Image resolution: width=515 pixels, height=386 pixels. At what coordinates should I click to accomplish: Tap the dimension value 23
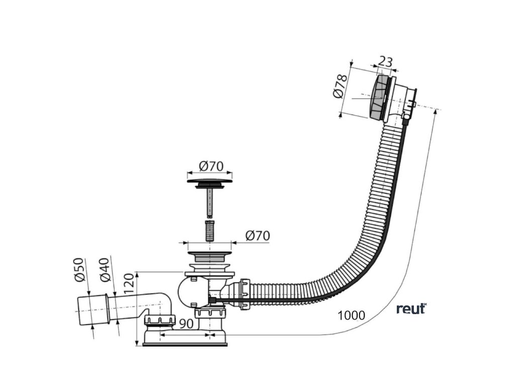[385, 62]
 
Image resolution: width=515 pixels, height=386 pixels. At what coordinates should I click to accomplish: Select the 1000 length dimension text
[352, 315]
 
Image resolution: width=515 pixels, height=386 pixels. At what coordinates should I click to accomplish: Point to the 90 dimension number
[186, 325]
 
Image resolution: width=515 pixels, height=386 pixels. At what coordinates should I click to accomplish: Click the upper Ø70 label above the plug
[211, 165]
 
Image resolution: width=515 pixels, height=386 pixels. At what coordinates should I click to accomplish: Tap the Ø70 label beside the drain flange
[257, 235]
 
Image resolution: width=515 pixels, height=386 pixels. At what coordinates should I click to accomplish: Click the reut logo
[411, 308]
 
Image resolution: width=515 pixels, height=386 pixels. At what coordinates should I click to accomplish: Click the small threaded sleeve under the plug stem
[210, 230]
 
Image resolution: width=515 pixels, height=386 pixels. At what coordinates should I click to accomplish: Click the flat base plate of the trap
[185, 344]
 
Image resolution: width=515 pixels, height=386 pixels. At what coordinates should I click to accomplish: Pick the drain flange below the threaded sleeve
[210, 247]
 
